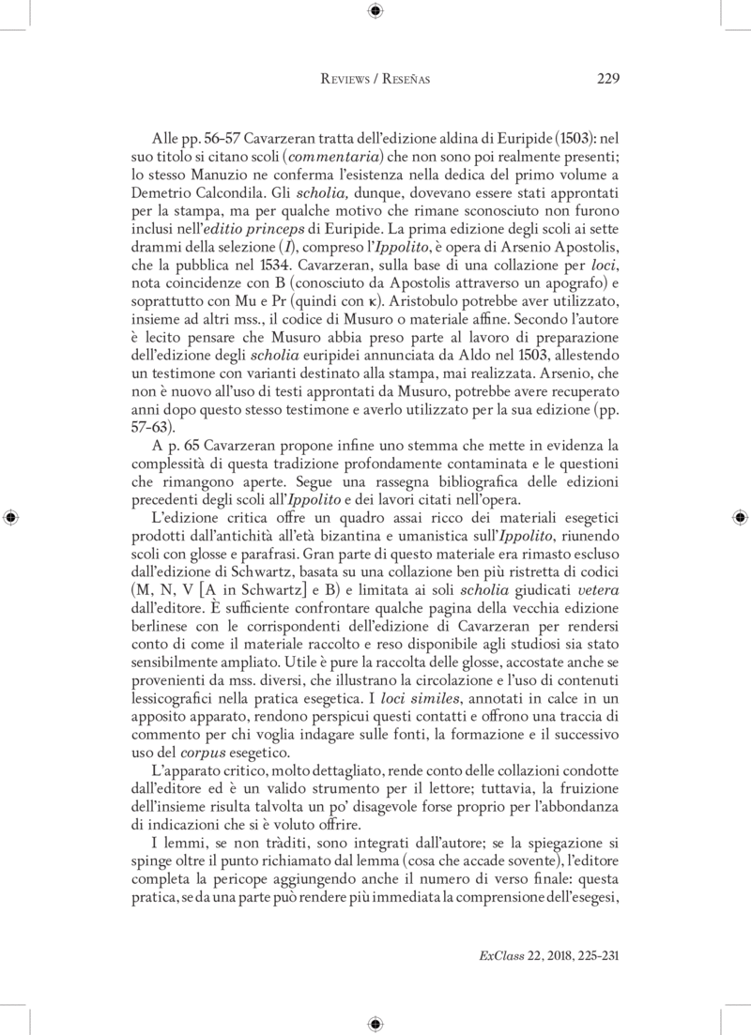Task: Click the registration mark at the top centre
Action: click(x=375, y=11)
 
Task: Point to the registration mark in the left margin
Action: click(x=10, y=517)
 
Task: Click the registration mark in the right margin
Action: click(x=740, y=517)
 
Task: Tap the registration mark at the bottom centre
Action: click(x=375, y=1022)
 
